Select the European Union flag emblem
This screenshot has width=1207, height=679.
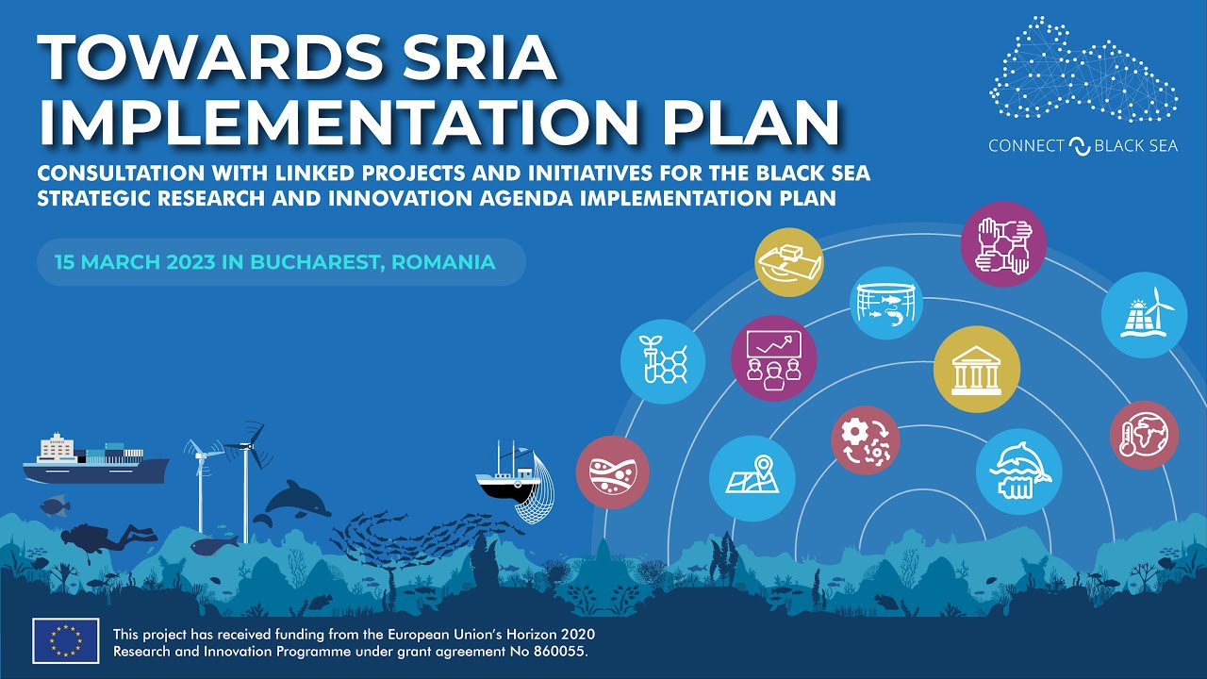(66, 641)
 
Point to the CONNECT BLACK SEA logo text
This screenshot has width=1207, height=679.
(1083, 146)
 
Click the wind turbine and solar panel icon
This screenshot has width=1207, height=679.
(1144, 315)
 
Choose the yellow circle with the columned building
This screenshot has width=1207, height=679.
(976, 370)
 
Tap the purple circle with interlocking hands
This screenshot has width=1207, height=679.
(1003, 244)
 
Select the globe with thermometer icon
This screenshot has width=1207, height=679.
(1144, 435)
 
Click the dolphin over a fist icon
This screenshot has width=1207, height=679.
(1018, 472)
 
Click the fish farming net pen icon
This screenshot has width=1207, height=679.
(885, 303)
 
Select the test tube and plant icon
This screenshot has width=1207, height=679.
(663, 362)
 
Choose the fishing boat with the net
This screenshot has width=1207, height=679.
(514, 482)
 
